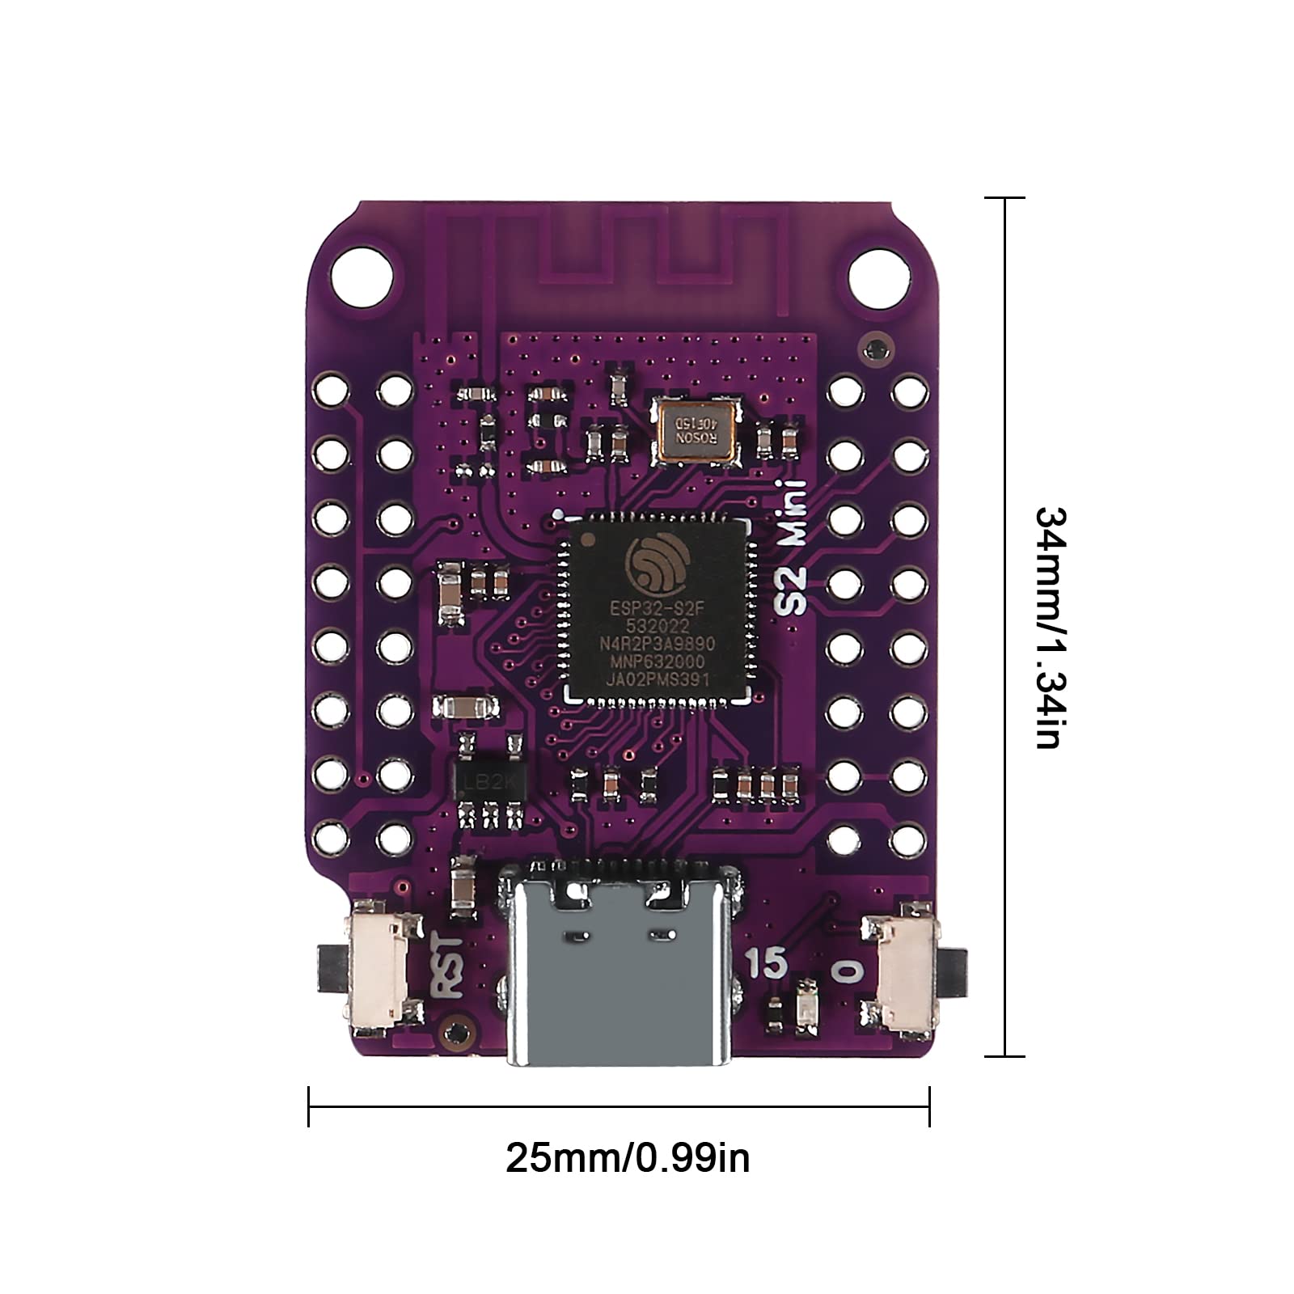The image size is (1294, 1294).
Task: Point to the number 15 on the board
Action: [766, 962]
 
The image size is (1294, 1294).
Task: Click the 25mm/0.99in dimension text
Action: [628, 1158]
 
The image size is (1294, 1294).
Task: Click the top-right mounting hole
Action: [879, 277]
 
